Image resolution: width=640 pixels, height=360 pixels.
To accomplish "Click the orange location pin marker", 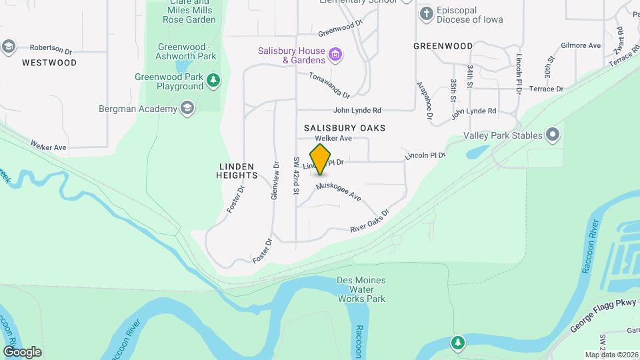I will [321, 159].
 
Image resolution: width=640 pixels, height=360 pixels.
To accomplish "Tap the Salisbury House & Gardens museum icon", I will [336, 54].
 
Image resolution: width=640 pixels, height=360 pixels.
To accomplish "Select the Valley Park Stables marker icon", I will [552, 135].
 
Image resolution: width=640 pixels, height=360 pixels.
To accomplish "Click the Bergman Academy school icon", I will [188, 109].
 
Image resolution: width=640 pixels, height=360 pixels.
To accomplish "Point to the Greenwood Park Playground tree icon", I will [213, 81].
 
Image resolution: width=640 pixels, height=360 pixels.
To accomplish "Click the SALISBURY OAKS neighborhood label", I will [345, 127].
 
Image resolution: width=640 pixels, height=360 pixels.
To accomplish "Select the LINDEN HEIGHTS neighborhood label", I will [237, 170].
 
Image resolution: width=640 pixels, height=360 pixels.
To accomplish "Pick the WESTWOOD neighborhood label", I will [49, 63].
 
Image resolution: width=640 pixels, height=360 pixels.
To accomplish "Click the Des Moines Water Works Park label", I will [361, 290].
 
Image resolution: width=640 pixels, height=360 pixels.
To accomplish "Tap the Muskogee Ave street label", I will [339, 193].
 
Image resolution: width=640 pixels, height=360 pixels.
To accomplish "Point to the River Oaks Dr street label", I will [369, 222].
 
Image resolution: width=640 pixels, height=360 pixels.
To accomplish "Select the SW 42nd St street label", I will [297, 175].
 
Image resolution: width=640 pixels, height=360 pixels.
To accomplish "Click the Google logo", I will [22, 351].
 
